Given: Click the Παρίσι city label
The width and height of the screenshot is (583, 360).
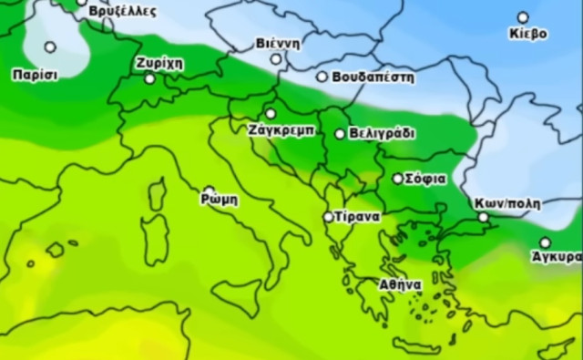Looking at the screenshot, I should [x=36, y=74].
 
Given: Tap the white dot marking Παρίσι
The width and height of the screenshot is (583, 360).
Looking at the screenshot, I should [x=50, y=46].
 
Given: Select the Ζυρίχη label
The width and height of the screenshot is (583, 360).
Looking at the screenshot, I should [x=159, y=63].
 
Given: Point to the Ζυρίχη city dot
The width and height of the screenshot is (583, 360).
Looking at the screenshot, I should [x=149, y=78].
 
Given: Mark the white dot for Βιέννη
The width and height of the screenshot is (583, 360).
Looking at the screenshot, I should [x=276, y=58].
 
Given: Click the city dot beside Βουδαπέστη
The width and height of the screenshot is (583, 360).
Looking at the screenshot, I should [x=322, y=77].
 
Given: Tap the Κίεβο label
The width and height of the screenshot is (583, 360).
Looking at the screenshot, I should [x=528, y=34].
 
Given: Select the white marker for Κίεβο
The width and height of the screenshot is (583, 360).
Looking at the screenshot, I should [x=523, y=17].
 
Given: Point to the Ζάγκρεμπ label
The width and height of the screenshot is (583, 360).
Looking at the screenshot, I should [x=281, y=129].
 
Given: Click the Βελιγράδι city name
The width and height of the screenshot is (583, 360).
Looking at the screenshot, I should [x=382, y=133].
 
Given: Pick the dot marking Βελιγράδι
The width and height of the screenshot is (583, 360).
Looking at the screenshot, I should [x=340, y=133].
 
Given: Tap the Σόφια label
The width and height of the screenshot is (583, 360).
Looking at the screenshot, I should [x=425, y=179].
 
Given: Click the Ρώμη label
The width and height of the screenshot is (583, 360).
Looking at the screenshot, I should [x=219, y=200].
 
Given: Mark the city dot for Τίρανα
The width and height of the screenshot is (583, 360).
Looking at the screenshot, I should [x=329, y=217].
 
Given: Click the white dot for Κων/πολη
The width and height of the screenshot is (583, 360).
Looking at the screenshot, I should [x=484, y=217].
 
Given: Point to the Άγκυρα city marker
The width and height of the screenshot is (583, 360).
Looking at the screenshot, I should [x=545, y=242].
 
